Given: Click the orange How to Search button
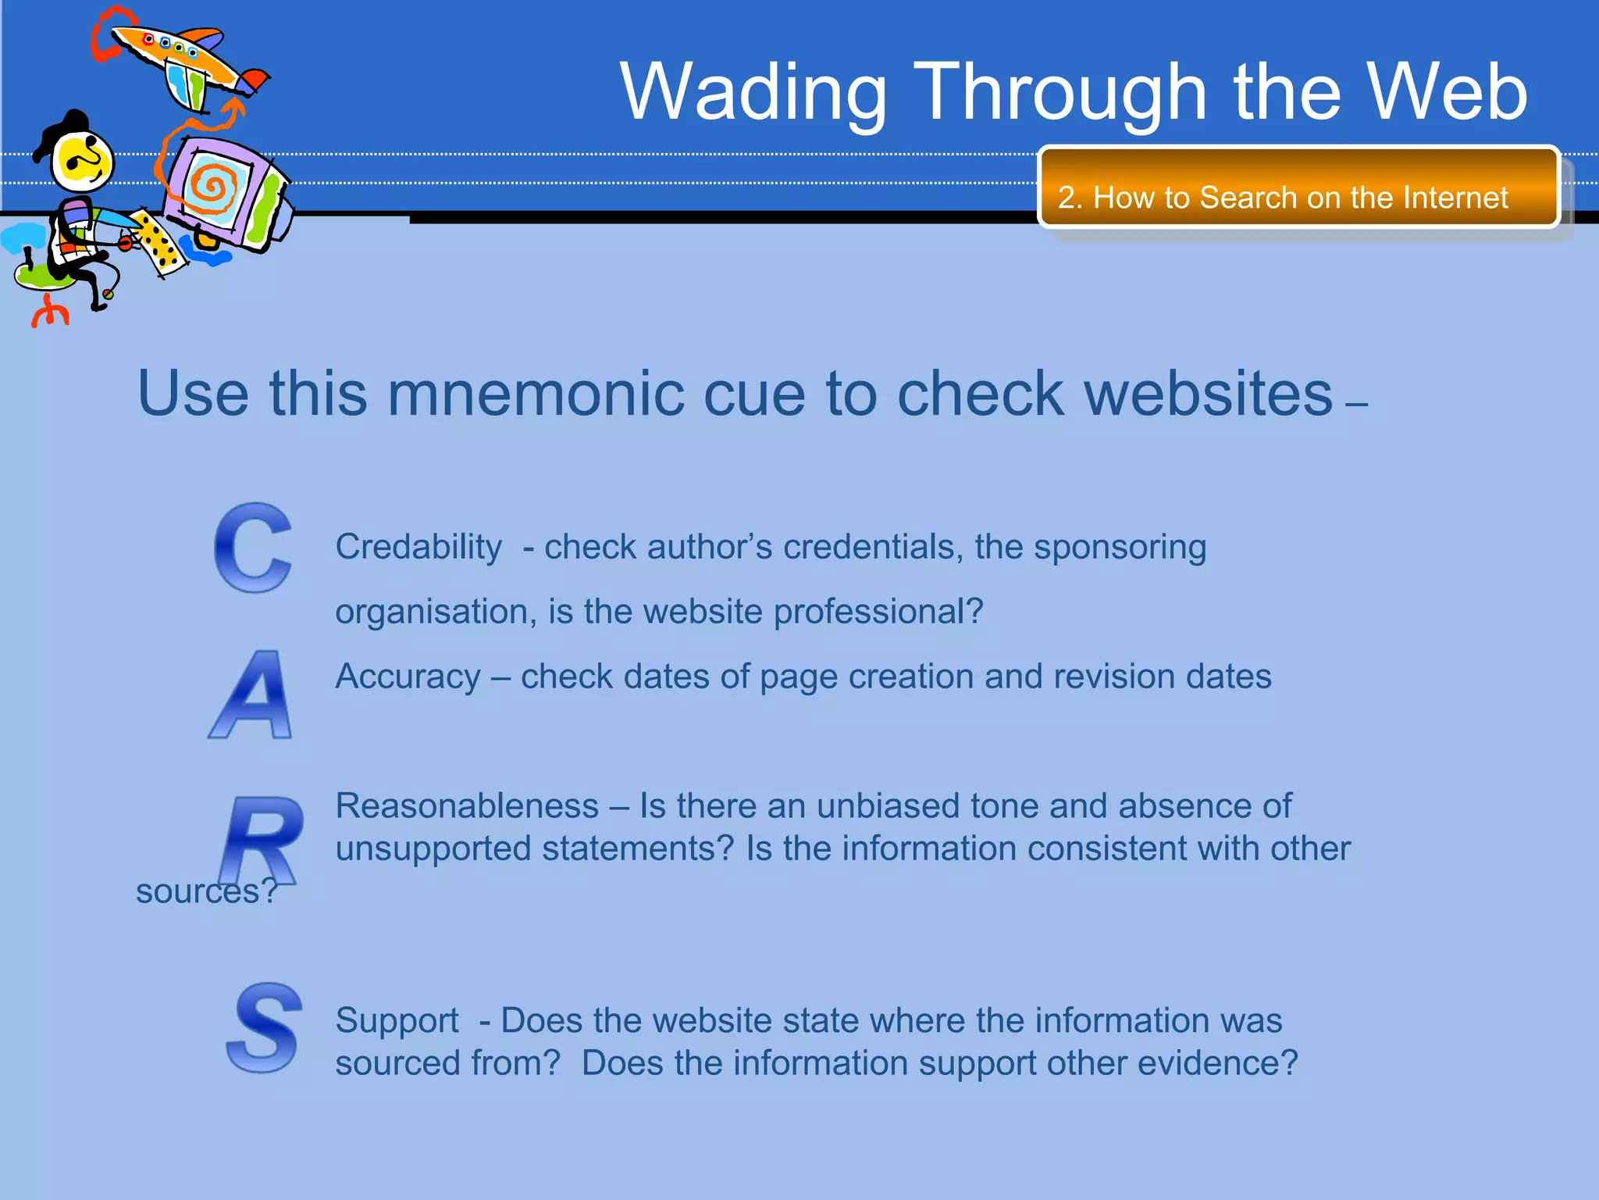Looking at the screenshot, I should (1298, 188).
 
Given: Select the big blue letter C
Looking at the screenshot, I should (253, 548).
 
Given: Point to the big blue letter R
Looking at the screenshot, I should (262, 840).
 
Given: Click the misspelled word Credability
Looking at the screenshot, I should (418, 547).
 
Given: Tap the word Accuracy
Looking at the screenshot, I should (408, 677).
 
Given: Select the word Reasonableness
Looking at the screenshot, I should (467, 806).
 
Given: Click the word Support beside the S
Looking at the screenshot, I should (397, 1021).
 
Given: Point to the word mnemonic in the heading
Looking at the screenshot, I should (537, 393).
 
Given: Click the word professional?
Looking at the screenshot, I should (878, 612).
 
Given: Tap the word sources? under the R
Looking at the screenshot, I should (206, 891).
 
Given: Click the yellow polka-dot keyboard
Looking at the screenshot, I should (160, 242).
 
